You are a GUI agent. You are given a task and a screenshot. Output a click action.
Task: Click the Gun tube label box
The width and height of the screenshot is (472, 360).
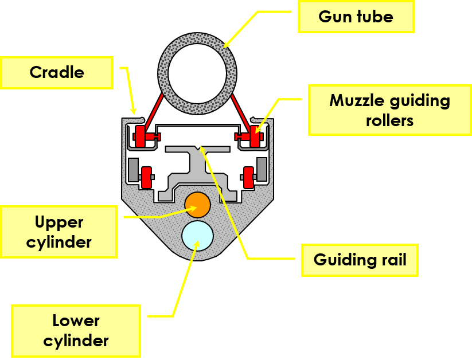click(356, 17)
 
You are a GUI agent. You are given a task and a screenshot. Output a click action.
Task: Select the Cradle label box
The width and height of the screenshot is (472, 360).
click(57, 72)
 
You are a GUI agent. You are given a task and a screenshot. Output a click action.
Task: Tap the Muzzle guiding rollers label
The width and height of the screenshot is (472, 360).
click(389, 110)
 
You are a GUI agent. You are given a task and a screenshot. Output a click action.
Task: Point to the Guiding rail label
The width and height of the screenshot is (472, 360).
click(360, 260)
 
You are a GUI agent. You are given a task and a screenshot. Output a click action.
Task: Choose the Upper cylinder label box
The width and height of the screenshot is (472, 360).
click(59, 232)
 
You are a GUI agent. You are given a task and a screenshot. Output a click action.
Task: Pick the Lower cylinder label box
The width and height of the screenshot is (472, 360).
click(76, 331)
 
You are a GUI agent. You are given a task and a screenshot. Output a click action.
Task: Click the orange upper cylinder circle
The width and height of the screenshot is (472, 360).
click(198, 205)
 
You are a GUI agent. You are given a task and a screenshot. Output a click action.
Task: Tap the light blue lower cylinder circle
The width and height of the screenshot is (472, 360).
click(197, 235)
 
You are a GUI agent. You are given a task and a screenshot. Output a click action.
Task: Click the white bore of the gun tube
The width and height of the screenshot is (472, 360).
click(197, 73)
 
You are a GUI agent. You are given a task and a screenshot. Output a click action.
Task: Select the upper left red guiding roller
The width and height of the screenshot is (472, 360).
click(141, 136)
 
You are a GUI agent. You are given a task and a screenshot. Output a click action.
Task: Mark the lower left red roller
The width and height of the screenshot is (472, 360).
click(146, 177)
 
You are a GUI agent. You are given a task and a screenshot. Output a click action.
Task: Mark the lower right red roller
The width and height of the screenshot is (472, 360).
click(249, 177)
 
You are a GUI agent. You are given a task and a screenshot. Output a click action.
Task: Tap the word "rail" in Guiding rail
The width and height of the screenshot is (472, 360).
click(392, 260)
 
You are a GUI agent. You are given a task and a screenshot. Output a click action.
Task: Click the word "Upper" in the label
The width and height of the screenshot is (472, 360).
click(59, 222)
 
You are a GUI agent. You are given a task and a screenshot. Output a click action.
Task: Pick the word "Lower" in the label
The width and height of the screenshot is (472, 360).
click(76, 320)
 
